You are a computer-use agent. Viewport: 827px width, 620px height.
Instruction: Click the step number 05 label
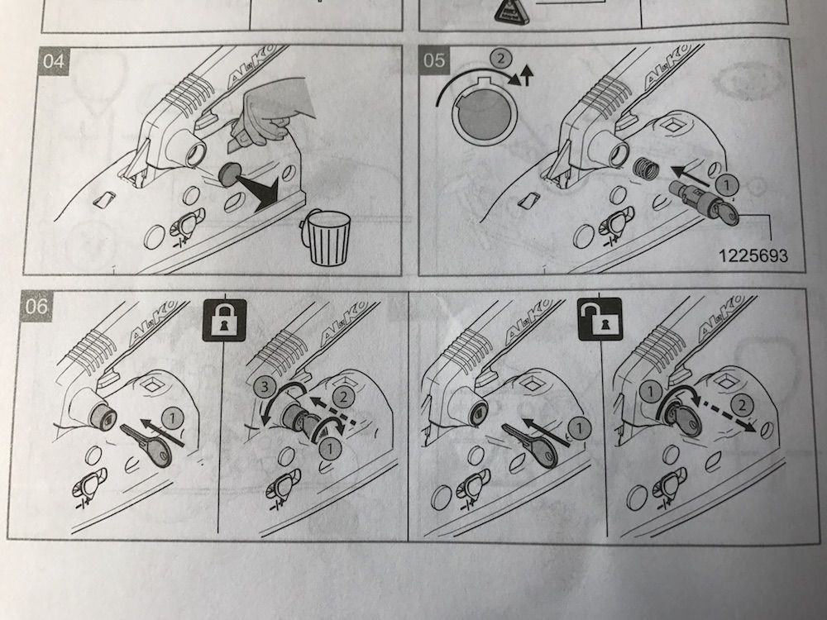(436, 62)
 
